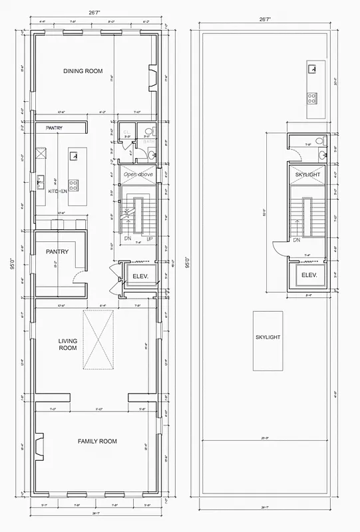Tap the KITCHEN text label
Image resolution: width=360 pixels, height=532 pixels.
59,191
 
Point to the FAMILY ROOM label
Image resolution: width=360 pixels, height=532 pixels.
97,441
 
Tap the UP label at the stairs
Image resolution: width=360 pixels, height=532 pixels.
149,238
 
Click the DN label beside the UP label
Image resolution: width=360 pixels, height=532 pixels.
127,238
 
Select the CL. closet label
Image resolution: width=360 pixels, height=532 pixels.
126,131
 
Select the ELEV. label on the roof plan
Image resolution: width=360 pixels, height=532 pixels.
308,275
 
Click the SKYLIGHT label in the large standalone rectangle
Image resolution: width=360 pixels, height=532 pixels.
268,337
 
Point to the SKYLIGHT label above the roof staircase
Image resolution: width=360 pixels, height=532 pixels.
308,174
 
